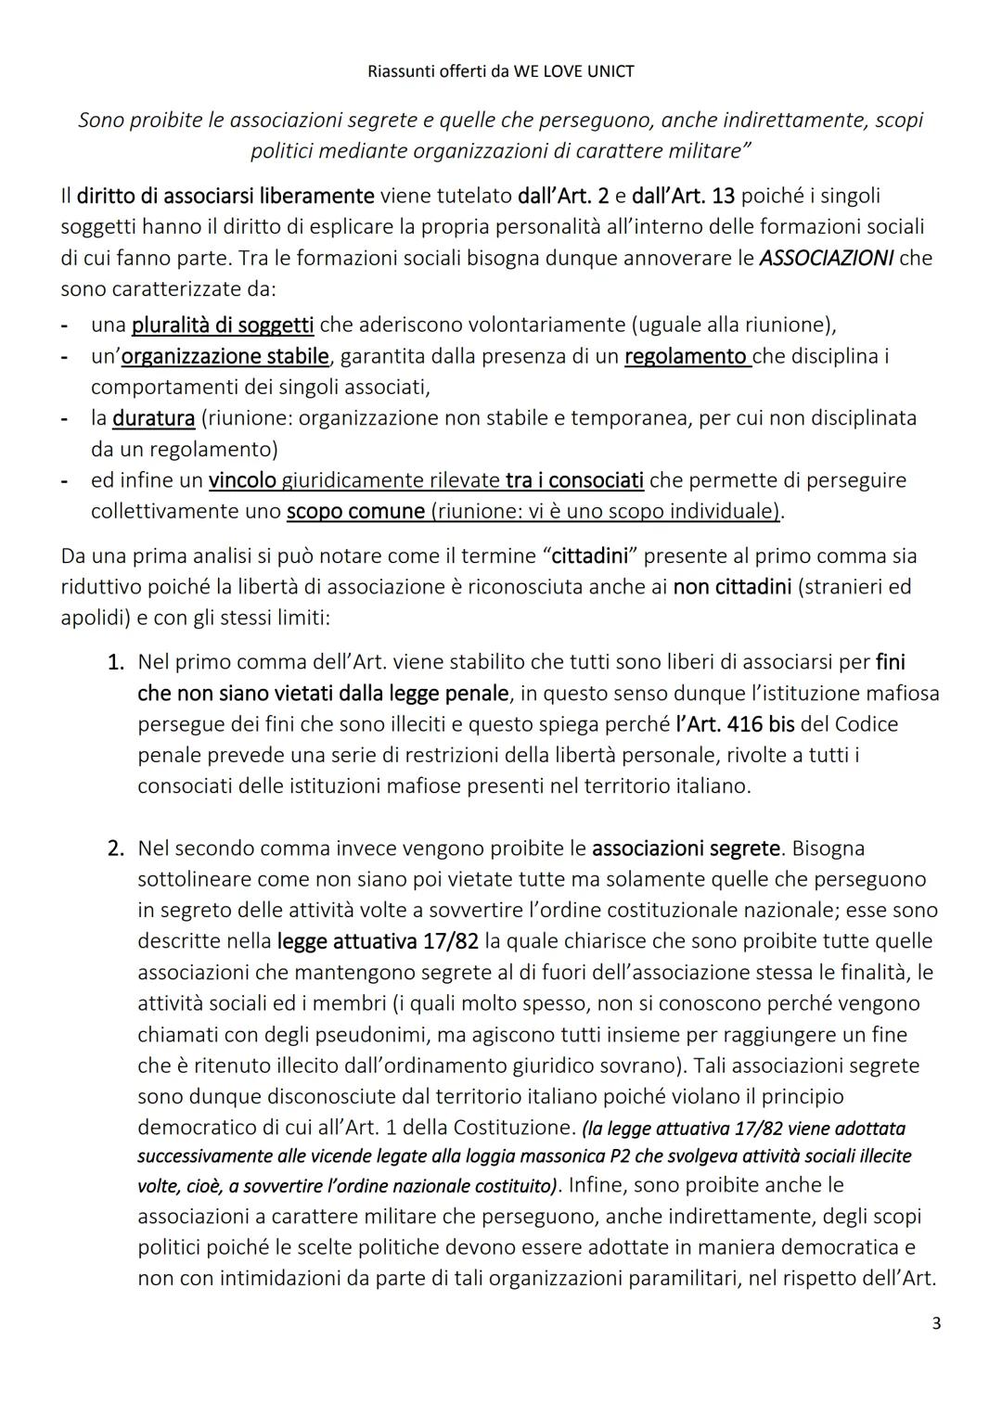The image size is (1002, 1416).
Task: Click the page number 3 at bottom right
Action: pyautogui.click(x=936, y=1323)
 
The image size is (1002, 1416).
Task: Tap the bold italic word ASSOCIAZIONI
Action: pyautogui.click(x=826, y=258)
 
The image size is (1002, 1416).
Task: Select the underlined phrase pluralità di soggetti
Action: pyautogui.click(x=223, y=325)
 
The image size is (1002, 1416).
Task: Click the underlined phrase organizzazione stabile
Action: pyautogui.click(x=225, y=356)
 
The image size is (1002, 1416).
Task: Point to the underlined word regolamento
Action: pyautogui.click(x=687, y=356)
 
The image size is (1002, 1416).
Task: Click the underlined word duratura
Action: pyautogui.click(x=153, y=418)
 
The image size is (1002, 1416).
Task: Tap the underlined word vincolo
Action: pyautogui.click(x=242, y=480)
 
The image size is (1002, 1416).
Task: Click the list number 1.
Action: pyautogui.click(x=115, y=663)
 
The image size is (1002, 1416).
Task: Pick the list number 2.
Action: pyautogui.click(x=115, y=848)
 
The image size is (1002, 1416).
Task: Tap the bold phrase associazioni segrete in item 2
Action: pyautogui.click(x=686, y=848)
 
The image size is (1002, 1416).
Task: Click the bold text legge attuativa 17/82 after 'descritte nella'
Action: pyautogui.click(x=378, y=941)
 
